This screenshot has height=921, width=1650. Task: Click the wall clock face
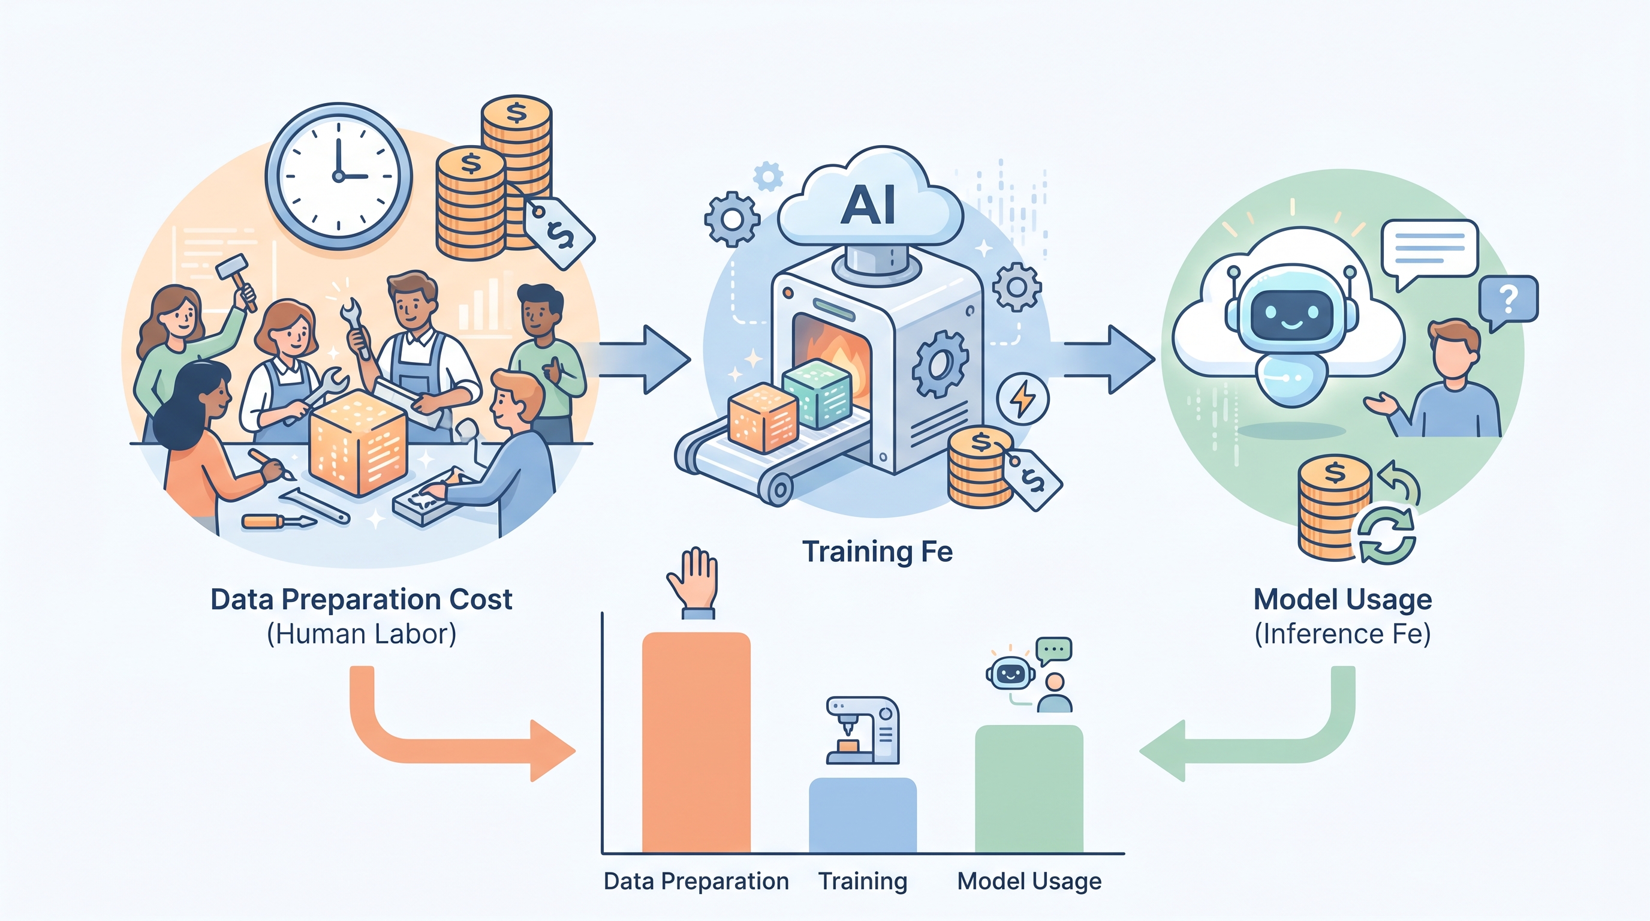click(339, 176)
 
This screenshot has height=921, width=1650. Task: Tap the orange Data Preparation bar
click(696, 742)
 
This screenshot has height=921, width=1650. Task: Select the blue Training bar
click(863, 815)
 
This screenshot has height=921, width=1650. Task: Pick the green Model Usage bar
click(1029, 788)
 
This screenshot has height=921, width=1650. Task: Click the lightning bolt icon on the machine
click(1023, 398)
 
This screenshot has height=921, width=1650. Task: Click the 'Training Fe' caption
click(878, 552)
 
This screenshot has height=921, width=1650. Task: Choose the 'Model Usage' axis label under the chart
click(1029, 881)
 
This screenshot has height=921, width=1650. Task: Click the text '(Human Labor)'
click(362, 634)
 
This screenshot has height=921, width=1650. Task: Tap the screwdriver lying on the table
click(279, 521)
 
